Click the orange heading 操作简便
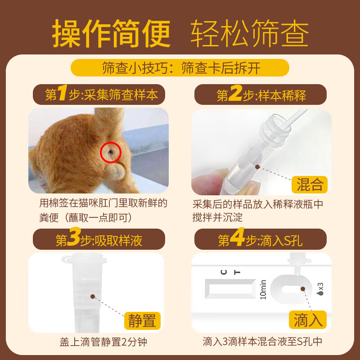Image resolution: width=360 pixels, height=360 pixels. pyautogui.click(x=111, y=34)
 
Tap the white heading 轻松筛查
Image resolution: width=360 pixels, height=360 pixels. pyautogui.click(x=250, y=34)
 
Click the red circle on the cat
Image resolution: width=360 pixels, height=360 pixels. pyautogui.click(x=110, y=152)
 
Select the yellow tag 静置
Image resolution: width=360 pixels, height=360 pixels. pyautogui.click(x=142, y=320)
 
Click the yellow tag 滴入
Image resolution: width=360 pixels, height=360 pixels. pyautogui.click(x=308, y=320)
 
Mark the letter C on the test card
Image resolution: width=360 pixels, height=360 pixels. pyautogui.click(x=224, y=272)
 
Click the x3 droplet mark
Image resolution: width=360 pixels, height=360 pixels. pyautogui.click(x=320, y=288)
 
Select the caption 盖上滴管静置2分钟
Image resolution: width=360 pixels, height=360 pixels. pyautogui.click(x=103, y=342)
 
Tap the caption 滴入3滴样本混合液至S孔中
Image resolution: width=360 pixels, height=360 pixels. pyautogui.click(x=262, y=342)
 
